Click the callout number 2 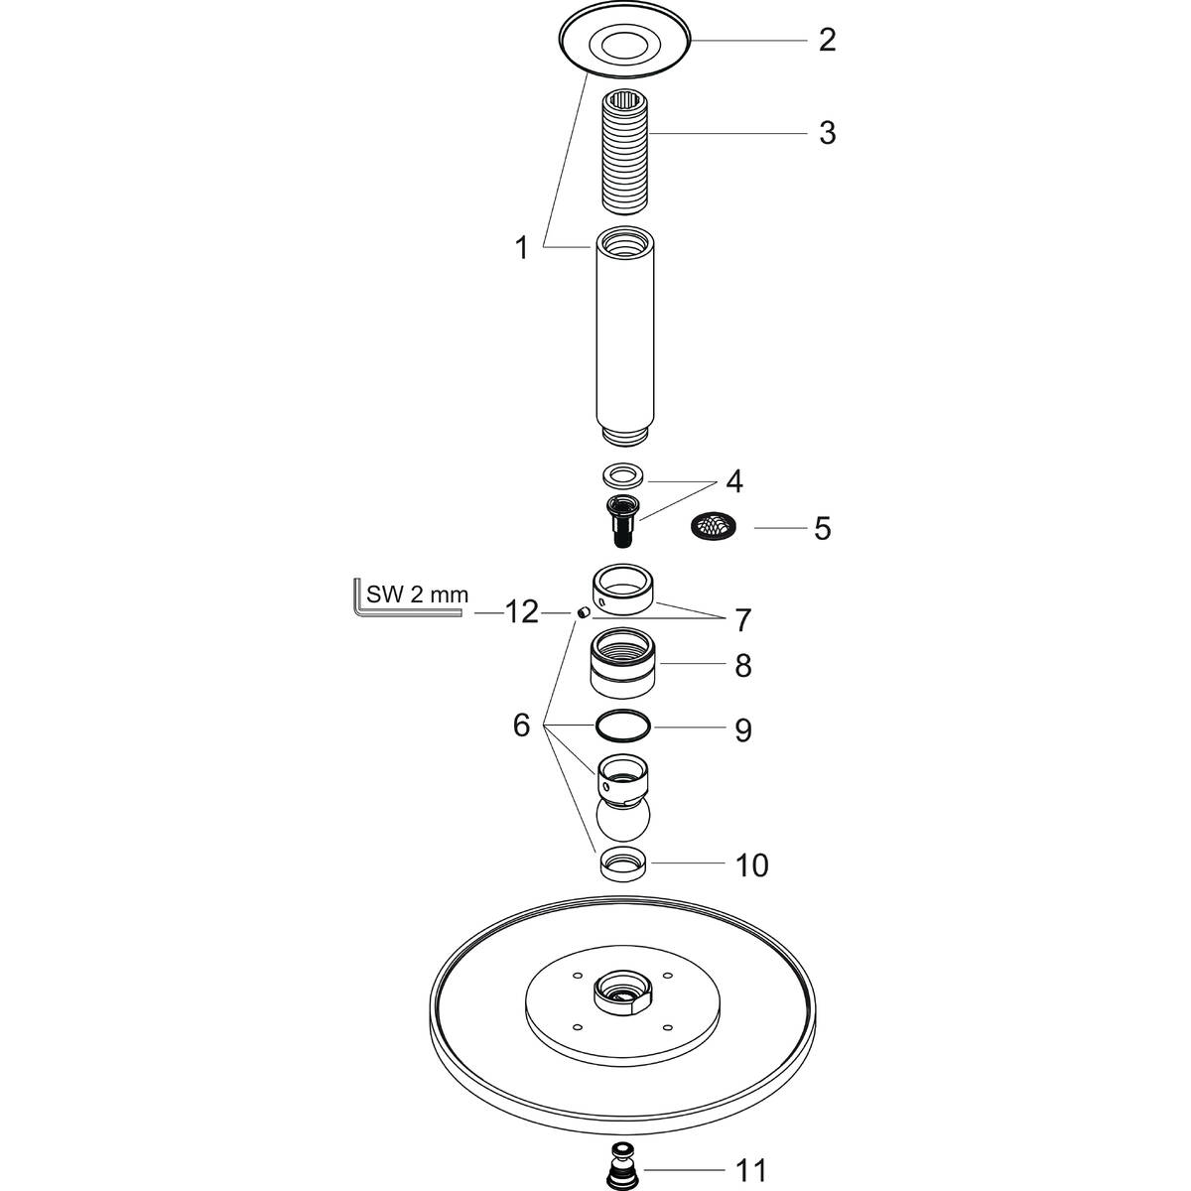pos(827,41)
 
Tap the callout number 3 pos(827,133)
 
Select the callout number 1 pos(522,248)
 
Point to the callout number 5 pos(822,528)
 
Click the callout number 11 pos(752,1171)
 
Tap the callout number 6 pos(522,727)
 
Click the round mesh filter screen pos(714,526)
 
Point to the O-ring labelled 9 pos(624,728)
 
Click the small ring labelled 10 pos(624,864)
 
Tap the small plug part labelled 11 pos(621,1171)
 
